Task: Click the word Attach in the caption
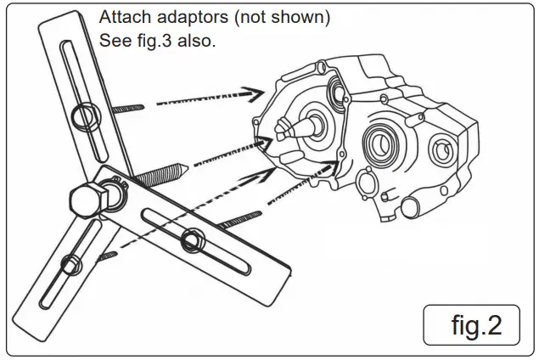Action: click(122, 18)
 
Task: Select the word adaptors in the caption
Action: click(183, 18)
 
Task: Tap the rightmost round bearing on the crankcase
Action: click(441, 151)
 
